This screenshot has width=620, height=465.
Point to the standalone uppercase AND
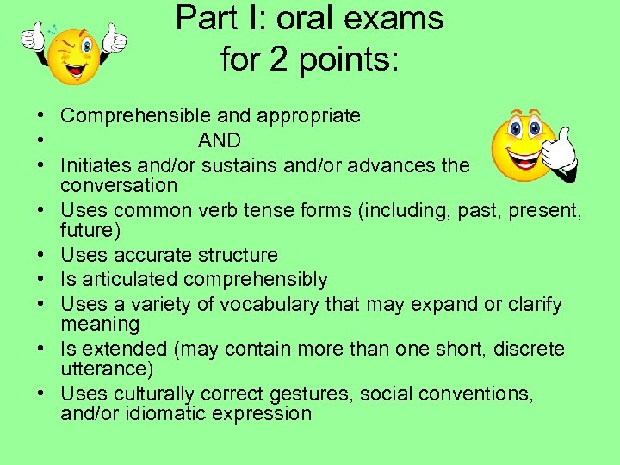(x=220, y=140)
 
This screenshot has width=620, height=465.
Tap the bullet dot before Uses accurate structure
(x=40, y=256)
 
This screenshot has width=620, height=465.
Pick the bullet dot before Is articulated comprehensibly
(x=40, y=280)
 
